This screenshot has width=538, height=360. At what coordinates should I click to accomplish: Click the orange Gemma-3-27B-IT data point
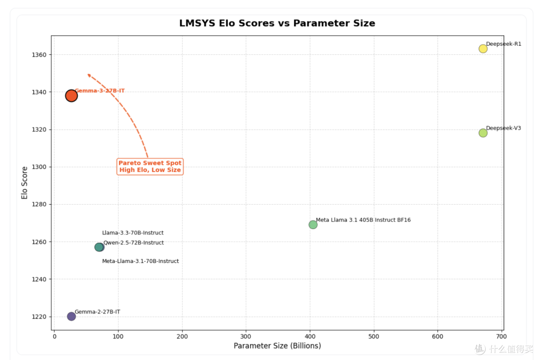coord(71,96)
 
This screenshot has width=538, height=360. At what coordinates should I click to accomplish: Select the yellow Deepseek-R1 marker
coord(483,49)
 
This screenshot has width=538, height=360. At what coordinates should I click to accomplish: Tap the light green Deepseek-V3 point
coord(483,133)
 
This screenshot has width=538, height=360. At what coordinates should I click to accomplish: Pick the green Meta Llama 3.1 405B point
coord(312,225)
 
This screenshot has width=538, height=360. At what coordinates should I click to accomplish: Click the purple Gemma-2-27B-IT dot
coord(71,316)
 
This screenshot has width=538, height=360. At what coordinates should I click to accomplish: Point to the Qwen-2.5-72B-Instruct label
coord(134,243)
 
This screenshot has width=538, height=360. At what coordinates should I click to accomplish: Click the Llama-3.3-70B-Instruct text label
coord(133,233)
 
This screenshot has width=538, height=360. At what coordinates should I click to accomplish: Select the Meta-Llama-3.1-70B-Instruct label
coord(140,261)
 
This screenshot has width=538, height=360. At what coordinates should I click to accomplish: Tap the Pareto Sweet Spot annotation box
coord(150,167)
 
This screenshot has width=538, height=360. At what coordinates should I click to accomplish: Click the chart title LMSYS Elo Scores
coord(277,23)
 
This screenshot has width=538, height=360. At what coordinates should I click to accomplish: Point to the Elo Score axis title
coord(24,183)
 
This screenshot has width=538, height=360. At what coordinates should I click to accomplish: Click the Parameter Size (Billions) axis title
coord(277,346)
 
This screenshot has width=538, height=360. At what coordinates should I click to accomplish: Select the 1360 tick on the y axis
coord(39,55)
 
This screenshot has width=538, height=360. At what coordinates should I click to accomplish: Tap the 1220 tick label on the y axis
coord(39,317)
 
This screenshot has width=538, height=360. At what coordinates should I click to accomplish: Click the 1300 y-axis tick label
coord(39,167)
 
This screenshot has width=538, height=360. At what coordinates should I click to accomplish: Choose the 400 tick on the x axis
coord(310,337)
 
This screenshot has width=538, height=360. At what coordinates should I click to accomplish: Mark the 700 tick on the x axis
coord(501,337)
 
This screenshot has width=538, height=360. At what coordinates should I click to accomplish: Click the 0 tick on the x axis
coord(55,337)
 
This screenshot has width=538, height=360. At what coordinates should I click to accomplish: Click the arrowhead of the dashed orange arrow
coord(89,75)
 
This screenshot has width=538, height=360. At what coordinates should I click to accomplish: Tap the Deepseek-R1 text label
coord(503,44)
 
